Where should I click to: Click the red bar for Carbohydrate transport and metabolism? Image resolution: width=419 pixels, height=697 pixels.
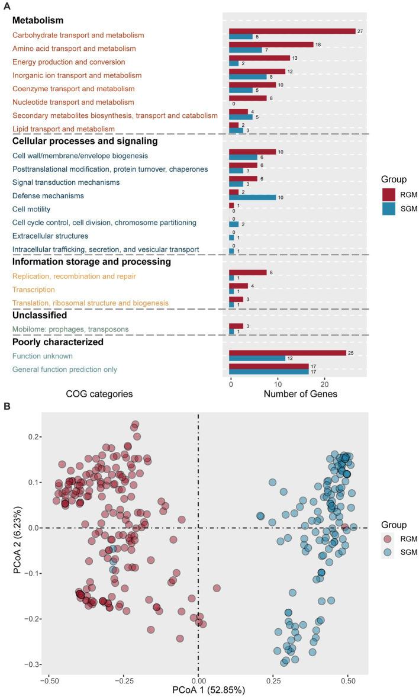pyautogui.click(x=292, y=31)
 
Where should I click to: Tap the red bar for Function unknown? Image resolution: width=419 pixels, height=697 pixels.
pyautogui.click(x=287, y=354)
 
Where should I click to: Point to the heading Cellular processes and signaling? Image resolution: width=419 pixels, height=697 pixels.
pyautogui.click(x=85, y=142)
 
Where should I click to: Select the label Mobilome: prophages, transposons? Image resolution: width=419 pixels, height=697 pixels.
pyautogui.click(x=70, y=329)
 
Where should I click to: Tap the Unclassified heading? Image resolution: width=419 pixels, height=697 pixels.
pyautogui.click(x=41, y=315)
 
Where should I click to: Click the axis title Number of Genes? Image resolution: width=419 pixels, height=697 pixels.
pyautogui.click(x=300, y=394)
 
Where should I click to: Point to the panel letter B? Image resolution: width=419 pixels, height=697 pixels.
pyautogui.click(x=7, y=407)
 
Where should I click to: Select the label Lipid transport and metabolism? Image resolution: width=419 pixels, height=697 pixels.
pyautogui.click(x=63, y=129)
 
